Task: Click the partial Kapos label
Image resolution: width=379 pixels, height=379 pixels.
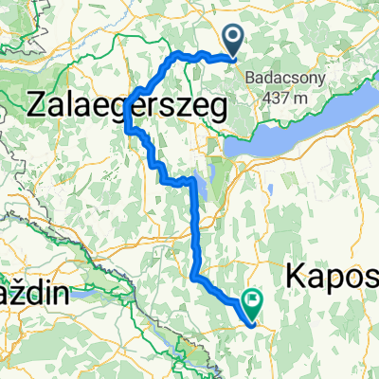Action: click(332, 276)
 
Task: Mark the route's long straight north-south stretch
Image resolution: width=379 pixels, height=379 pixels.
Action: click(196, 227)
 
